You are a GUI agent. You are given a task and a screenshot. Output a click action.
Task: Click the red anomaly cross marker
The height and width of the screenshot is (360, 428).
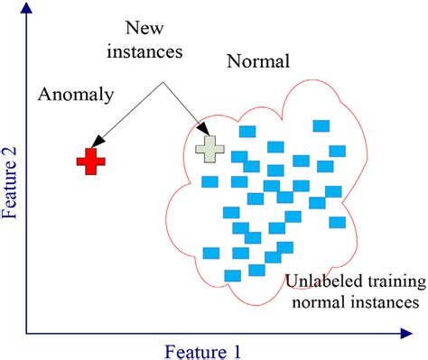90,162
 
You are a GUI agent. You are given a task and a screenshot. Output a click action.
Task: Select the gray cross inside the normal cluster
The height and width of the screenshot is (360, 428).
209,148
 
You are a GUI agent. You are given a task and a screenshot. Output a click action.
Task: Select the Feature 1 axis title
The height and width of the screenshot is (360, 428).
204,349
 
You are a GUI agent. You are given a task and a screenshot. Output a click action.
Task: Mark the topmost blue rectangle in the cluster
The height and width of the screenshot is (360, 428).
321,125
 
